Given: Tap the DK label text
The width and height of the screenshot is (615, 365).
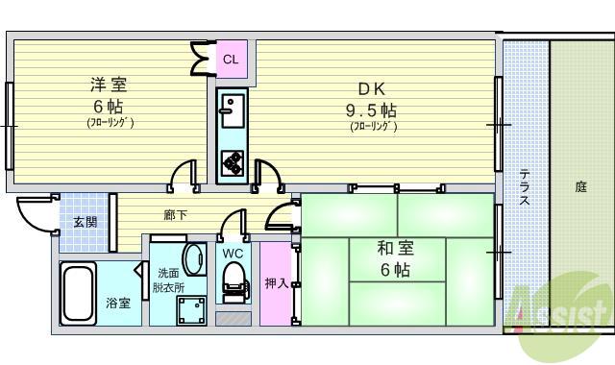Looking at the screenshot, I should point(371,85).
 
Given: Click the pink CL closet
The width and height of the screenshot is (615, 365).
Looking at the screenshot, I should point(231,60).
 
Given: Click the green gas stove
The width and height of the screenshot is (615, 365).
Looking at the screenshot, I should point(232,162).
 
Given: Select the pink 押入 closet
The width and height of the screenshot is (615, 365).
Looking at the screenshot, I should point(275,283).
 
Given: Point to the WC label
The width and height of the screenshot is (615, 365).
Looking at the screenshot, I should point(232,254).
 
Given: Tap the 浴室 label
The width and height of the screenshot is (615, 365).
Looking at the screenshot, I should point(118,304).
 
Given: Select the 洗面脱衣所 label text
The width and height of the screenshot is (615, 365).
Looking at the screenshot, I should point(169,280).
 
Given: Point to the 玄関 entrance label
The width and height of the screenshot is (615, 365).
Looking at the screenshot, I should point(85,222).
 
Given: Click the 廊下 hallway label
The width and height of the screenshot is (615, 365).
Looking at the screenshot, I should point(174,214).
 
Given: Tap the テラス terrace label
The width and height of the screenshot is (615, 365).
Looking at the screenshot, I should point(525,187).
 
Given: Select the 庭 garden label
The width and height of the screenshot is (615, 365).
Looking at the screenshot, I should point(580,187).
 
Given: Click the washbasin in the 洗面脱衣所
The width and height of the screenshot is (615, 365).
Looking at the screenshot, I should point(193,259).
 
